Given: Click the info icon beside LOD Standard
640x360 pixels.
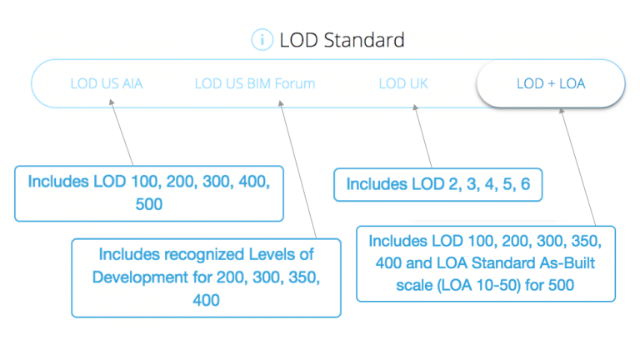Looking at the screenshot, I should pos(262,40).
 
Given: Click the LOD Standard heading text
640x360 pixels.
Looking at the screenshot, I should pos(342,40).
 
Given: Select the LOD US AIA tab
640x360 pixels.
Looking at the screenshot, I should pos(106,83).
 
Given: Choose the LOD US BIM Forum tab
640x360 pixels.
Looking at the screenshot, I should pos(254,83).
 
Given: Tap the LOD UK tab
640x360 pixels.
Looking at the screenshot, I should pos(403,83).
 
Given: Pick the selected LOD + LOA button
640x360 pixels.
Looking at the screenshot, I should pos(550,83).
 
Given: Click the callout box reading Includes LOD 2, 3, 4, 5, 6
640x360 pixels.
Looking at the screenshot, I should pos(437,184).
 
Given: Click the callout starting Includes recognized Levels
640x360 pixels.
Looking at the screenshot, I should pos(206,277).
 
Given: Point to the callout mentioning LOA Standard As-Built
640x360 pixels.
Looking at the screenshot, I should pos(485,262).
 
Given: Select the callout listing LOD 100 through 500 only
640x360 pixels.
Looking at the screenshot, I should pos(149,192).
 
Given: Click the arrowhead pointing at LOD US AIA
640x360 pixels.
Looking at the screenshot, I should pos(112,102).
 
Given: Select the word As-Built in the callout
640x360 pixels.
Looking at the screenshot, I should pos(572,262).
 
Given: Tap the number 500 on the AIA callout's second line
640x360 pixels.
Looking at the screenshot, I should pos(149,204).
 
